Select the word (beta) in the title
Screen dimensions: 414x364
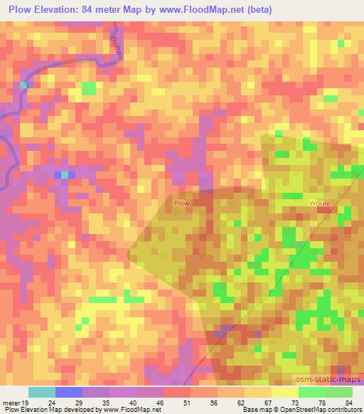(259, 9)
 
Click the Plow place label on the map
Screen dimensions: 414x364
(181, 203)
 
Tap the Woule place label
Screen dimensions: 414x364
(318, 203)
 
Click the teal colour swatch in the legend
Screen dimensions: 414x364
(41, 392)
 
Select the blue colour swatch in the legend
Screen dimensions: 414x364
(68, 392)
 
